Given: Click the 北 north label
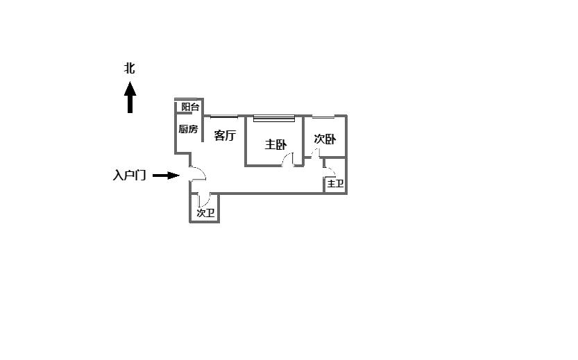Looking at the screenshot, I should pyautogui.click(x=129, y=69).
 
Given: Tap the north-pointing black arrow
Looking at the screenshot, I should pyautogui.click(x=130, y=97).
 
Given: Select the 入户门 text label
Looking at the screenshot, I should pyautogui.click(x=129, y=175).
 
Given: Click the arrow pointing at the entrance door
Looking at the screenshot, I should pyautogui.click(x=166, y=175).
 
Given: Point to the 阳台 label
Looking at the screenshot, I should pyautogui.click(x=190, y=107).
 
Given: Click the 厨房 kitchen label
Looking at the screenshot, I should pyautogui.click(x=188, y=129).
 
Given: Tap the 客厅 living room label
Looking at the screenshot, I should pyautogui.click(x=225, y=135).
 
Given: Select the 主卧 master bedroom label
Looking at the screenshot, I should pyautogui.click(x=275, y=144).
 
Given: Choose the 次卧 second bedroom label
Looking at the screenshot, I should pyautogui.click(x=325, y=139).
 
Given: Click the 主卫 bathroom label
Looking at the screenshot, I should pyautogui.click(x=335, y=184).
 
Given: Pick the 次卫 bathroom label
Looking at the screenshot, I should pyautogui.click(x=205, y=213).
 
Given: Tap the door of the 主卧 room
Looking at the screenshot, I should pyautogui.click(x=288, y=160).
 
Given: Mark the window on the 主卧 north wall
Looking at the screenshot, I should pyautogui.click(x=275, y=118).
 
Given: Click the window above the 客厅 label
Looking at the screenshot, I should pyautogui.click(x=223, y=116).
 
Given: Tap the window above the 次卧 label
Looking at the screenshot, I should pyautogui.click(x=323, y=116).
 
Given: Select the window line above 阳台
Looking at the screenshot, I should pyautogui.click(x=187, y=99).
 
